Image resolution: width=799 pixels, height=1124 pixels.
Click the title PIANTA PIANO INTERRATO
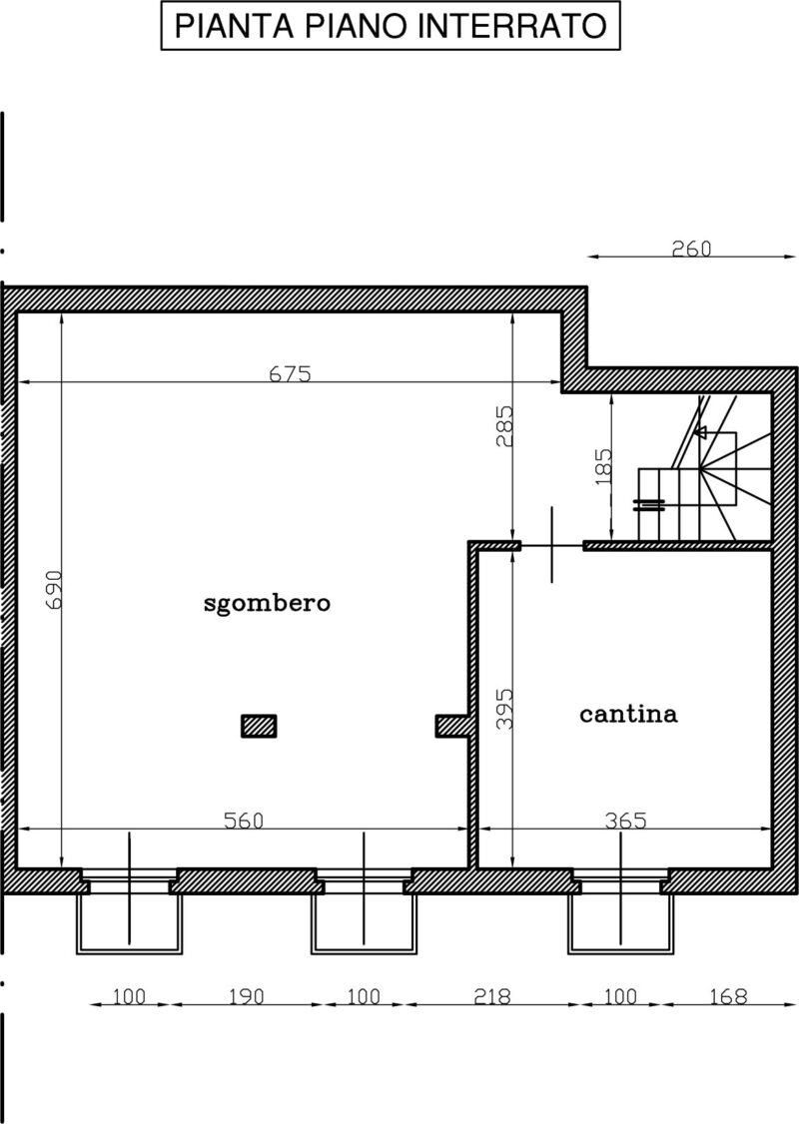[391, 27]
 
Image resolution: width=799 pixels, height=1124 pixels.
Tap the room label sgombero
[267, 603]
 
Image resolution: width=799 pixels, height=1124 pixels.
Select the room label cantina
[628, 714]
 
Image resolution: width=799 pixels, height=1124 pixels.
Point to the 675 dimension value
[291, 373]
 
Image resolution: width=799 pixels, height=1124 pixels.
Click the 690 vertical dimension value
[54, 589]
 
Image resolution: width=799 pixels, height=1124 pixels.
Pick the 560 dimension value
[244, 821]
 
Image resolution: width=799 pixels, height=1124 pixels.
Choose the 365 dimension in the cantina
[625, 821]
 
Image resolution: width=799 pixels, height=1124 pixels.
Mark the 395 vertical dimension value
[505, 709]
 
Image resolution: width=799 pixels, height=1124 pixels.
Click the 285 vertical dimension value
[505, 426]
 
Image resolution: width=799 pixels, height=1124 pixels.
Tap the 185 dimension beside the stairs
[604, 466]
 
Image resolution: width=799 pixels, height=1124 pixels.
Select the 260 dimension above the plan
[691, 249]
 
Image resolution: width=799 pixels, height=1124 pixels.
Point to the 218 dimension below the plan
[492, 996]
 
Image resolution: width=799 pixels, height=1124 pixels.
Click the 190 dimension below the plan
[246, 996]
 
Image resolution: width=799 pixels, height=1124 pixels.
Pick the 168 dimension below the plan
[728, 996]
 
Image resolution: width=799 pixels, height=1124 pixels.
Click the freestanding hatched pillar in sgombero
[259, 726]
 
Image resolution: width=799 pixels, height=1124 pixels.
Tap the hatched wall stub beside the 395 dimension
[451, 726]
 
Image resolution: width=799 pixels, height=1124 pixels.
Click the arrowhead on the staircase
[701, 432]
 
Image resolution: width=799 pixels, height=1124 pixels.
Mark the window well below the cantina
[621, 923]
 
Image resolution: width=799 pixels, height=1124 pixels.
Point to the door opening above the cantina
[552, 545]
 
